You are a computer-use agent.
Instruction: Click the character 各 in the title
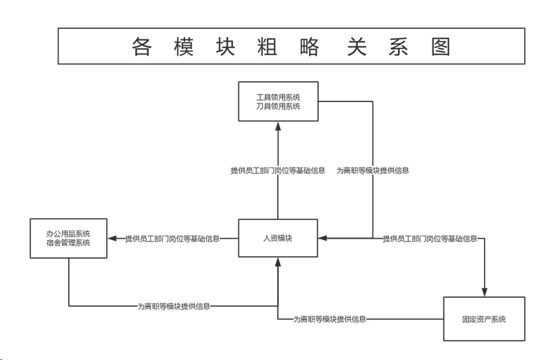pos(141,46)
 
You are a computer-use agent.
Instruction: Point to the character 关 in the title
pos(354,46)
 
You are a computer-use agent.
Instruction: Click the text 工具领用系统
pos(278,97)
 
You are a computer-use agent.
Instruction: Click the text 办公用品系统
pos(69,232)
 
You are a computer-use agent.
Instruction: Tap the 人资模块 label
pos(278,239)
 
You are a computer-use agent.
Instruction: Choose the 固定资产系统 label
pos(484,319)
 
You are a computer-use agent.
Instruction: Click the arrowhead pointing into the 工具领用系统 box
pos(278,126)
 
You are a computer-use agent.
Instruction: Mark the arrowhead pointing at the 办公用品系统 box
pos(112,239)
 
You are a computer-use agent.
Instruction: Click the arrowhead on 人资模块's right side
pos(322,239)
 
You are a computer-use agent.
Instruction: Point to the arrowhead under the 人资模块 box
pos(278,262)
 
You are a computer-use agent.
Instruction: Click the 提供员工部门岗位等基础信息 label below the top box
pos(278,170)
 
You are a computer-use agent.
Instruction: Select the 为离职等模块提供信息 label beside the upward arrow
pos(372,170)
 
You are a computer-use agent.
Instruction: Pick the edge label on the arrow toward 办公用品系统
pos(172,239)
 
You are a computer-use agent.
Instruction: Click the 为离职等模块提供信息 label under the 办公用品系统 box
pos(174,306)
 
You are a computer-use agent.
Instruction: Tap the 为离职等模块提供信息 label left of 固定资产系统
pos(330,319)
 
